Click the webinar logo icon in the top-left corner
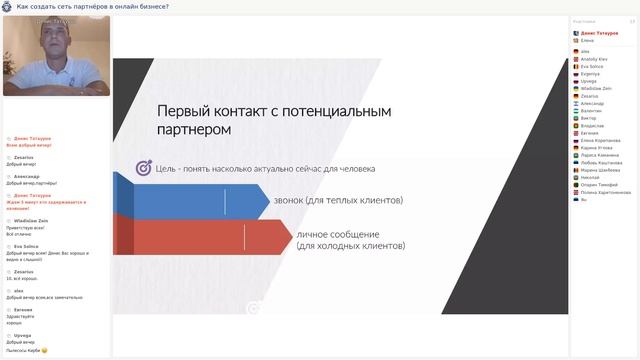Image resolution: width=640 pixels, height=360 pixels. click(x=7, y=7)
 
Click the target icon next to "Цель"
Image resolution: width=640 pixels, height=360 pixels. click(x=143, y=167)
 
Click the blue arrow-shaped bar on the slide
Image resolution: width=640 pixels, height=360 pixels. click(x=190, y=202)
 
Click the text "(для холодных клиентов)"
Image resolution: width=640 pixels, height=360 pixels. click(x=350, y=245)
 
